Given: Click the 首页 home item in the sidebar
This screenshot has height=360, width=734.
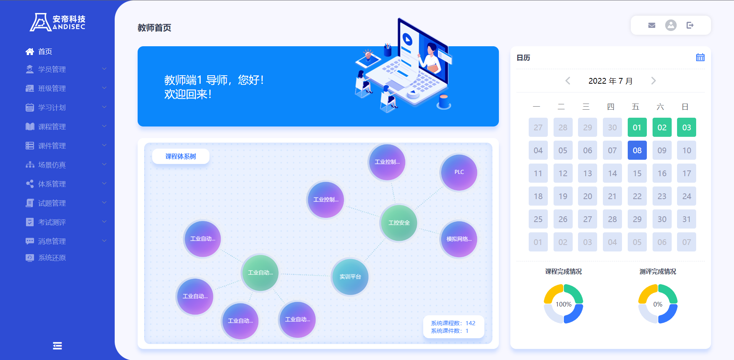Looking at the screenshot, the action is (39, 52).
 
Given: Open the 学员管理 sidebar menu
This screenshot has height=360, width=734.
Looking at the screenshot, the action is (52, 69).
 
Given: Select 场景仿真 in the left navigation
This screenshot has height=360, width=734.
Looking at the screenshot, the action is (52, 165).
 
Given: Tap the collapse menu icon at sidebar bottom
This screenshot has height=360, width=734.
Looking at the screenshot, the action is (57, 346).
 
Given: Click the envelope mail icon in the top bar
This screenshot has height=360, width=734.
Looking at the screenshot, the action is (652, 25).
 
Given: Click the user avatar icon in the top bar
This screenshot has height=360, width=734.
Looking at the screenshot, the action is (671, 25).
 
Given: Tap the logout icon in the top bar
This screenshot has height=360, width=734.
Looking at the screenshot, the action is (690, 25).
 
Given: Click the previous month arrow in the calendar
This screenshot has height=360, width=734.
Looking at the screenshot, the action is (568, 81).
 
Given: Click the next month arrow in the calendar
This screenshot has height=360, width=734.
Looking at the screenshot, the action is (653, 81).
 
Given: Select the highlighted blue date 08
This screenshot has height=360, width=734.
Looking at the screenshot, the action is (637, 150).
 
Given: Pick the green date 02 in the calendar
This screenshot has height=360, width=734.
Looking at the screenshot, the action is (662, 127).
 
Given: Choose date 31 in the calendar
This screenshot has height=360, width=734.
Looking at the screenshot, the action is (687, 219).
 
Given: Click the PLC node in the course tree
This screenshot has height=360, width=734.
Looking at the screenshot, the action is (459, 172).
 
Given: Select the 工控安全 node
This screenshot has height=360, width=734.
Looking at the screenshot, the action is (399, 223).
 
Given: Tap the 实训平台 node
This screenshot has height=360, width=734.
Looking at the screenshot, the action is (350, 277).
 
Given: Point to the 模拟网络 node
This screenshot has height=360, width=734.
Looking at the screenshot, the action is (459, 239).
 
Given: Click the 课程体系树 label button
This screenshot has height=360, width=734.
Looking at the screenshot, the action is (181, 156).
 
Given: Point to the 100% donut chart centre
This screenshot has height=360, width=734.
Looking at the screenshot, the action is (563, 304).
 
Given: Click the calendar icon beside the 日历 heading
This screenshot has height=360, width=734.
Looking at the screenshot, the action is (700, 57).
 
